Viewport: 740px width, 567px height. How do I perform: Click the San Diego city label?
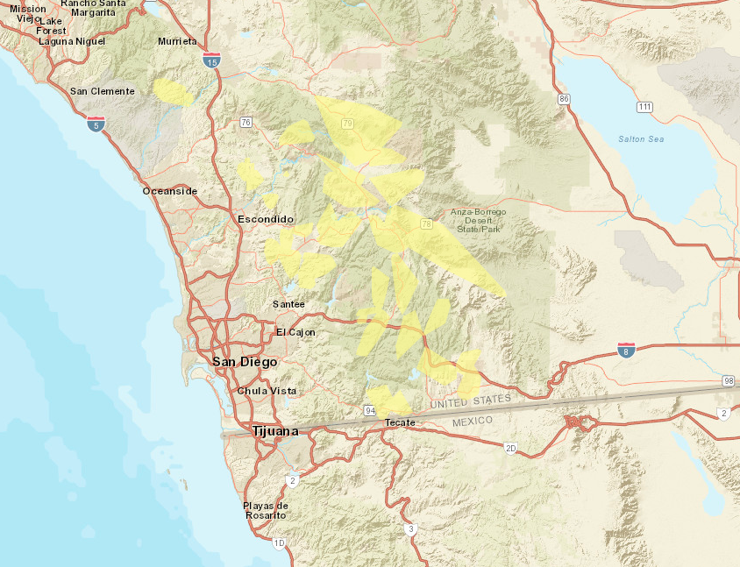coord(245,362)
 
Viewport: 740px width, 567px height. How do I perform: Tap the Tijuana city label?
coord(274,431)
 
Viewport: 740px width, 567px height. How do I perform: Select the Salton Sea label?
coord(640,139)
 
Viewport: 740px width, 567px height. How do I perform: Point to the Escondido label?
coord(266,219)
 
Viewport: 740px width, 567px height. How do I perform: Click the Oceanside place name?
coord(170,191)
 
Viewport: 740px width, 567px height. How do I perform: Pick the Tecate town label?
coord(399,422)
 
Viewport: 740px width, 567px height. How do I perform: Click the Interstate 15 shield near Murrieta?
coord(210,60)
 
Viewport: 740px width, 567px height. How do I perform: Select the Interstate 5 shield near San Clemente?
coord(96,124)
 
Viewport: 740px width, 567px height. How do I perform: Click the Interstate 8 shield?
coord(626,350)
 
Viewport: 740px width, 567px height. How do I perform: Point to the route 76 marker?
coord(245,122)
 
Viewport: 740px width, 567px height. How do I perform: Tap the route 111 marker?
coord(644,107)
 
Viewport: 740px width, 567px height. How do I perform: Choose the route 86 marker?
coord(564,99)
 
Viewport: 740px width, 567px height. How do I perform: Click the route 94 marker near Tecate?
coord(370,410)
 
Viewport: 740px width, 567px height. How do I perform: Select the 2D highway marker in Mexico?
coord(510,448)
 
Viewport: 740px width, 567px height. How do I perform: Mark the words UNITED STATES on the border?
coord(470,401)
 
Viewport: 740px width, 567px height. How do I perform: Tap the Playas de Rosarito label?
coord(266,510)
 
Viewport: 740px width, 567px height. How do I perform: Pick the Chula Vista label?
coord(267,391)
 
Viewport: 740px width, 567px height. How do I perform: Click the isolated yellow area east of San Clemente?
coord(173,91)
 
